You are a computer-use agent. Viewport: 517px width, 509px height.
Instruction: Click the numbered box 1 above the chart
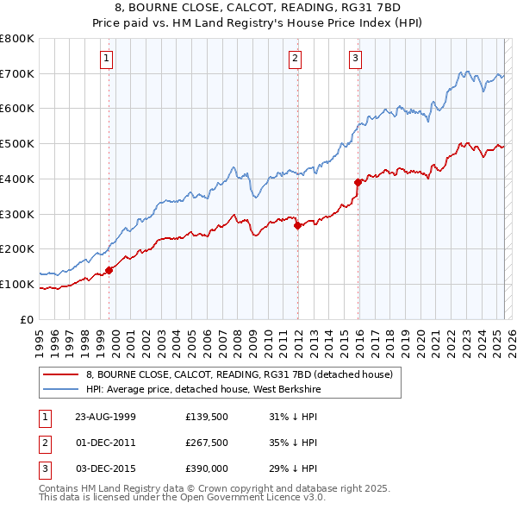pyautogui.click(x=106, y=59)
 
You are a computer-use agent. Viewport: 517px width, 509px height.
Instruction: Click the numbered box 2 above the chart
pyautogui.click(x=295, y=59)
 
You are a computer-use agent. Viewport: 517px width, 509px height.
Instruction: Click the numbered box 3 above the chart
pyautogui.click(x=355, y=59)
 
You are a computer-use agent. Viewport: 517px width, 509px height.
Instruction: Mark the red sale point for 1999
pyautogui.click(x=109, y=270)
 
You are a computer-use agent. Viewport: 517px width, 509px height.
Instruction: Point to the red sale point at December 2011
pyautogui.click(x=297, y=225)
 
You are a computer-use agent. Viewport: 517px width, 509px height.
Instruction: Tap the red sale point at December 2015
pyautogui.click(x=358, y=182)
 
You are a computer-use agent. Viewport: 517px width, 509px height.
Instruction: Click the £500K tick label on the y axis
pyautogui.click(x=17, y=144)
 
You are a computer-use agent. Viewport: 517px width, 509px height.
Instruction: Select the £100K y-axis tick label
pyautogui.click(x=17, y=284)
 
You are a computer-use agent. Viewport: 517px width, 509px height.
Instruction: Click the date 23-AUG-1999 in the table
pyautogui.click(x=106, y=417)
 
